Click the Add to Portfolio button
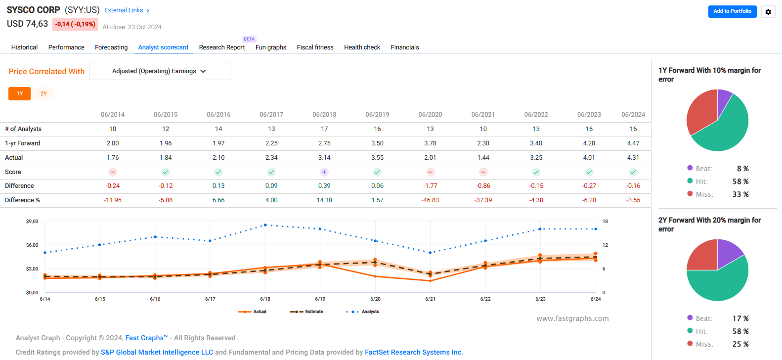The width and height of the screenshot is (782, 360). (x=732, y=11)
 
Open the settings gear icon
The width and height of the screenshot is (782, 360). (x=768, y=12)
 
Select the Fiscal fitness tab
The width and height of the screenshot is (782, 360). (x=315, y=47)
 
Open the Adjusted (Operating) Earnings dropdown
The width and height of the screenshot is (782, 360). (x=160, y=71)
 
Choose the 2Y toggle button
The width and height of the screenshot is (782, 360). (x=43, y=93)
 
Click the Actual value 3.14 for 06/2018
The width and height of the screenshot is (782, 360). (x=324, y=158)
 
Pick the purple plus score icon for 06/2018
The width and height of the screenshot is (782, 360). (x=324, y=172)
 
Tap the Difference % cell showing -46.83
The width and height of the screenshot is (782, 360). (x=430, y=200)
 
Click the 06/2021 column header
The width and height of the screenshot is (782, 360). (x=483, y=115)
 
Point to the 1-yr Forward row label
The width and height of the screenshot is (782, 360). (x=23, y=143)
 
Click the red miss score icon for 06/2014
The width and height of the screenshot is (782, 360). (x=113, y=172)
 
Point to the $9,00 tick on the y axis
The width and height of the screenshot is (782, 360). (x=32, y=222)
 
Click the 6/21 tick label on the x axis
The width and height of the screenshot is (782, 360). (x=430, y=299)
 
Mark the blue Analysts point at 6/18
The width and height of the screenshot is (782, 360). (x=265, y=225)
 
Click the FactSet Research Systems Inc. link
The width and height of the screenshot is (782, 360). (x=414, y=353)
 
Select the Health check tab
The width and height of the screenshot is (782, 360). (x=362, y=47)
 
